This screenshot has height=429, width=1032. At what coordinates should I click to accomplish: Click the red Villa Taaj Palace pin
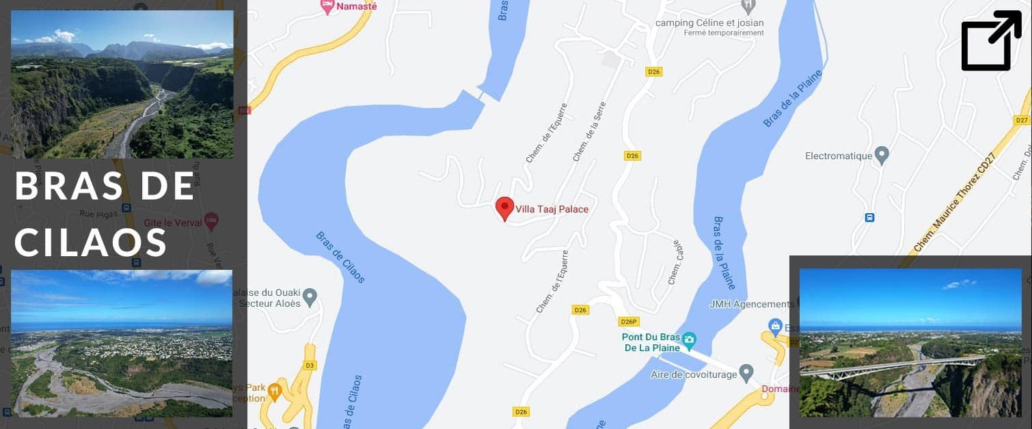[504, 207]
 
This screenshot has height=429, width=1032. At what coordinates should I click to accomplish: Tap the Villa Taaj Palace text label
[552, 209]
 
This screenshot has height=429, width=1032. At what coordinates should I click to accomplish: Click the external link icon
[991, 40]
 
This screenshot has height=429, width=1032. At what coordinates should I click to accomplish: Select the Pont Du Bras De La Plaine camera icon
[689, 339]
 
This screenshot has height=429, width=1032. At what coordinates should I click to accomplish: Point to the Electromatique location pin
[882, 154]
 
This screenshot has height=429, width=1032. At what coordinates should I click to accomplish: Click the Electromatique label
[839, 156]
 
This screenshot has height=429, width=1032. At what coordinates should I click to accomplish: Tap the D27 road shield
[1022, 120]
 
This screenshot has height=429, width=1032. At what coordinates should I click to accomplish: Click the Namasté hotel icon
[327, 6]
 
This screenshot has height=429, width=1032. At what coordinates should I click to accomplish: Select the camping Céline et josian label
[709, 23]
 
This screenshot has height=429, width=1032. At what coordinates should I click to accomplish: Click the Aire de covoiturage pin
[746, 373]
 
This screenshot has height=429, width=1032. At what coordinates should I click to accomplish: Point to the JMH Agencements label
[752, 304]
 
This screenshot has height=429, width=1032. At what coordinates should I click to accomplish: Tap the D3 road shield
[310, 365]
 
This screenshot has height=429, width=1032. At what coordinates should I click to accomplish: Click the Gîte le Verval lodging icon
[211, 221]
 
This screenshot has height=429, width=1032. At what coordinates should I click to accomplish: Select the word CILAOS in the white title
[91, 242]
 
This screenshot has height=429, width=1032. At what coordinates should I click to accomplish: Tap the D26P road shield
[628, 322]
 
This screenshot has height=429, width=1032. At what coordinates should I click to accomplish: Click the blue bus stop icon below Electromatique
[869, 218]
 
